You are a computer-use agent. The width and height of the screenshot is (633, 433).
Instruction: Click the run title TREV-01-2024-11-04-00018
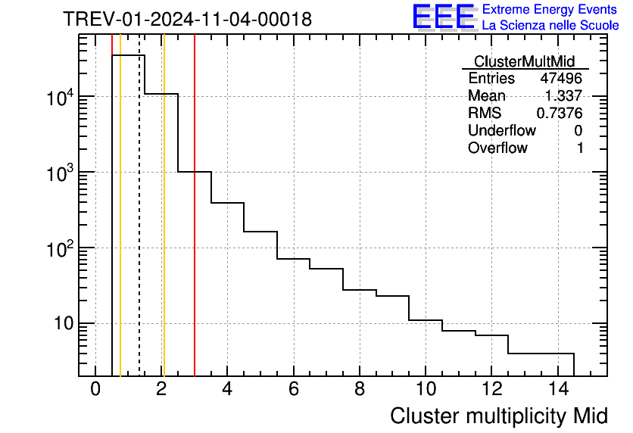click(x=187, y=20)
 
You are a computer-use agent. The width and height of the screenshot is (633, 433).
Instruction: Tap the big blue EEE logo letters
click(x=443, y=17)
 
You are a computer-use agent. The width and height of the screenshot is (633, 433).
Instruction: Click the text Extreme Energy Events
click(x=550, y=10)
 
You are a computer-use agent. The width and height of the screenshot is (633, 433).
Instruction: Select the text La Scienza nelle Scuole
click(x=550, y=26)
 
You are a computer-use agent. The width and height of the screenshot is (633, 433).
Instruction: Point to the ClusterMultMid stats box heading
click(x=524, y=61)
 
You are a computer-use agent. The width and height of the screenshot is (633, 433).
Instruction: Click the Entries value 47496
click(x=561, y=79)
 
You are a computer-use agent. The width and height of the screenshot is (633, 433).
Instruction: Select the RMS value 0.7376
click(x=560, y=114)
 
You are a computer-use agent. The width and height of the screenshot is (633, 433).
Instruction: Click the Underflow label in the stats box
click(x=501, y=131)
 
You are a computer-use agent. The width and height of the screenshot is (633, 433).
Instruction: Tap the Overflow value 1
click(x=580, y=148)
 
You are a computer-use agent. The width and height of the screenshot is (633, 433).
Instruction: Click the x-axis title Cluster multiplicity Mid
click(x=498, y=416)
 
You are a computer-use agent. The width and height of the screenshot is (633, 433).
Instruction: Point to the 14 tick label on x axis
click(x=557, y=390)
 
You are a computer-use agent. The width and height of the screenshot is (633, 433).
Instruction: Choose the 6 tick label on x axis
click(x=293, y=390)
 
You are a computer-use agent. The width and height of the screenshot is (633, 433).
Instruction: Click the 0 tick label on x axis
click(x=95, y=390)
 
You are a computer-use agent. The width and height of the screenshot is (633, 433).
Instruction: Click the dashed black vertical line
click(x=139, y=227)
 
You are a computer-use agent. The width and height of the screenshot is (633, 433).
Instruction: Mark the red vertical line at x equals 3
click(x=195, y=227)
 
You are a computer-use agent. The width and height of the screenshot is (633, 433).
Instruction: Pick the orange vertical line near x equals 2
click(x=164, y=227)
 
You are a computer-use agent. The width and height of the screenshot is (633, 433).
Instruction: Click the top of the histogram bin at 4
click(x=227, y=203)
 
